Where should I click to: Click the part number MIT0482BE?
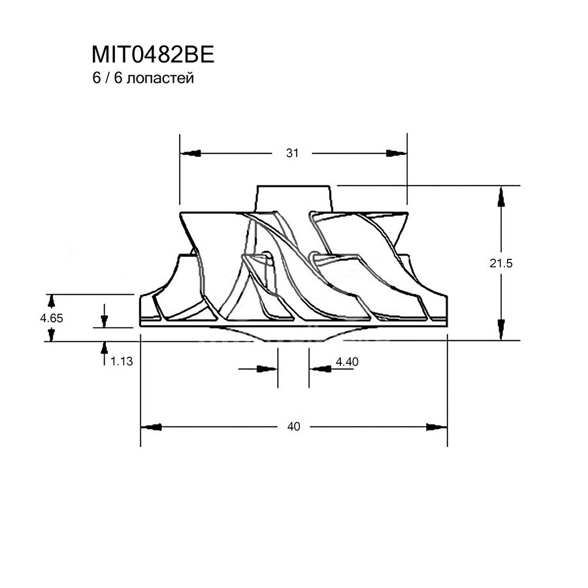153,55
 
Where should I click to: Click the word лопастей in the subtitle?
160,78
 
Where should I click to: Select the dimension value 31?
292,153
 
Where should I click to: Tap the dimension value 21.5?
500,263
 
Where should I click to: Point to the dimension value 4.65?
52,318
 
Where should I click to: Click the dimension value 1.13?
122,361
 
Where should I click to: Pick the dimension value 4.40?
347,362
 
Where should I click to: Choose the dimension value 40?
293,427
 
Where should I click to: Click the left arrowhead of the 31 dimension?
191,154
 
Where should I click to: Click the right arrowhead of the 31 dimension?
397,153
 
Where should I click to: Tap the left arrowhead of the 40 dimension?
152,427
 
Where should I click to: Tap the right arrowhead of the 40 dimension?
436,427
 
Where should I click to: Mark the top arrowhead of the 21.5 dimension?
501,197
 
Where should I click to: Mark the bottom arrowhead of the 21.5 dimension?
501,330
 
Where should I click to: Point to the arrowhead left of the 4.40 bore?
267,369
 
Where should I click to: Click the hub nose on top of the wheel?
293,199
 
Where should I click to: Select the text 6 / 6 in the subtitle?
107,78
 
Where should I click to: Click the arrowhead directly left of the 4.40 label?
320,369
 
